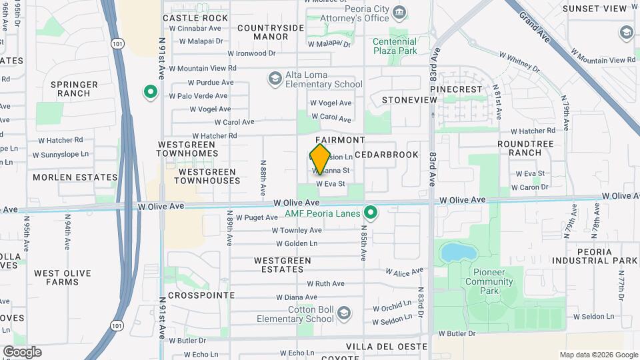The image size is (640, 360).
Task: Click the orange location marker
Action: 321,159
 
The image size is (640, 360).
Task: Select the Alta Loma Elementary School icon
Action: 275,79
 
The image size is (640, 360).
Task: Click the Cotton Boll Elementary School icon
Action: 343,313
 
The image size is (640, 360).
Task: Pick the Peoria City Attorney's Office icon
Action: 399,13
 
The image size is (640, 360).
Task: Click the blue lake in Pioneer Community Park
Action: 454,253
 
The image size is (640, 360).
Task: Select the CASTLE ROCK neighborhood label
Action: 195,18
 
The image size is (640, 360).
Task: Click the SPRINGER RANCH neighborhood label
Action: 75,89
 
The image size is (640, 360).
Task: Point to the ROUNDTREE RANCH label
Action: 525,147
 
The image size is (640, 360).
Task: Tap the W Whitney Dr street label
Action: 523,63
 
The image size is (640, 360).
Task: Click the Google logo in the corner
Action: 22,352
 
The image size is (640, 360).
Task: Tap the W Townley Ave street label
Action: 297,230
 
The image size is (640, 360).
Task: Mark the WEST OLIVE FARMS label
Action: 56,277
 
